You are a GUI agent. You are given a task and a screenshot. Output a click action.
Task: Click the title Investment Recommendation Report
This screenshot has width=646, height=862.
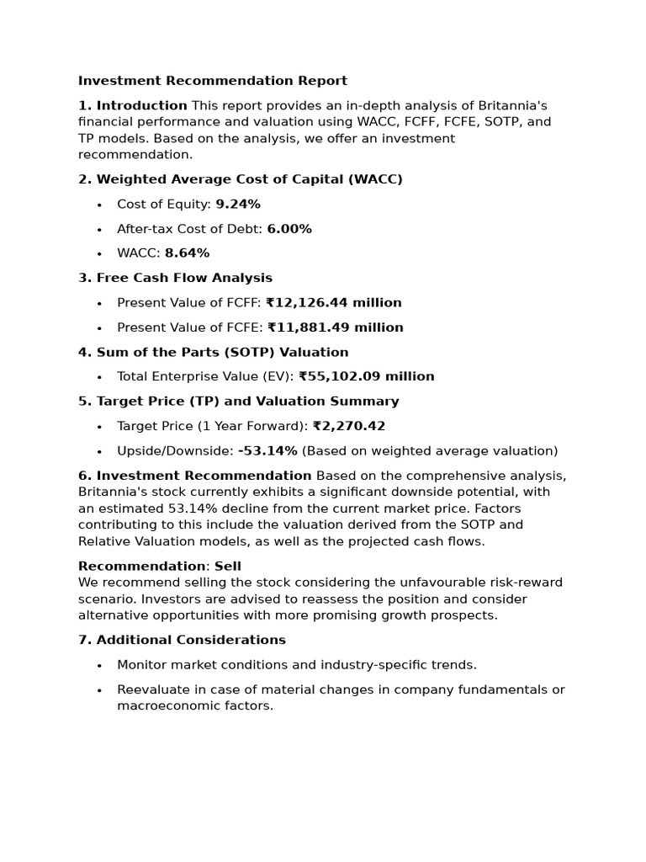click(x=212, y=81)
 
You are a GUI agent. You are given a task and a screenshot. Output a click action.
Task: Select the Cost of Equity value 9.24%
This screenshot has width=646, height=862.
click(x=238, y=205)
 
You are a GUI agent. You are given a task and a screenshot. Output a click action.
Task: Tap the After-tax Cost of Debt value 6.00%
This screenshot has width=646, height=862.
click(x=289, y=229)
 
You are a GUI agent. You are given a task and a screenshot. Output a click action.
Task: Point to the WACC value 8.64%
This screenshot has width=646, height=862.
click(x=187, y=253)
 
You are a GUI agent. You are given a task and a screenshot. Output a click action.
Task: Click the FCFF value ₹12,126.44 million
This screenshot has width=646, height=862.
click(x=333, y=303)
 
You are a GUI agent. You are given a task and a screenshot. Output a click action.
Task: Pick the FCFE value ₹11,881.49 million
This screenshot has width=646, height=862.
click(x=334, y=327)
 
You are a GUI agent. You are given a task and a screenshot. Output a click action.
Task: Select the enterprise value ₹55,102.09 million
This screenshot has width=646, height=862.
click(x=366, y=377)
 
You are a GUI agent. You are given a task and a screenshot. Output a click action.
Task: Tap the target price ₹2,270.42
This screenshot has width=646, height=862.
click(x=348, y=427)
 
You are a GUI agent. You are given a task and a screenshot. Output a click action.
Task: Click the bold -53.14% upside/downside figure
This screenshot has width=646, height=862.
click(x=267, y=451)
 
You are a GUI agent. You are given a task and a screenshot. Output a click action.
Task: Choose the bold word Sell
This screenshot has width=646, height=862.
click(x=228, y=567)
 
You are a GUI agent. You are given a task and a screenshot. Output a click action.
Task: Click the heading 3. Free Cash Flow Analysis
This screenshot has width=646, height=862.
click(x=175, y=278)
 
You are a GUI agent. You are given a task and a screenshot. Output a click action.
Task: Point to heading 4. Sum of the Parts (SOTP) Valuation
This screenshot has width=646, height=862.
click(x=213, y=353)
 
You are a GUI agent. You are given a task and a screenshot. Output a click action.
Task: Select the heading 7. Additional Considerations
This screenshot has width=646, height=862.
click(x=182, y=641)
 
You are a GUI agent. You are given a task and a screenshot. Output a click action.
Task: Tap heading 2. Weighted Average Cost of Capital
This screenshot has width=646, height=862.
click(x=240, y=179)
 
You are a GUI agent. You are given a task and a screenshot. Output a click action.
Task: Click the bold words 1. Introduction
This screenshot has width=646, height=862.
click(x=132, y=106)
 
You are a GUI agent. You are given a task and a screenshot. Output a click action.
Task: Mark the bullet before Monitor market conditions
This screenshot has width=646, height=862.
click(x=99, y=666)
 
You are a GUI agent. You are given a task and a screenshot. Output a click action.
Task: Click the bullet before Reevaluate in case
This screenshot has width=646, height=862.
click(x=99, y=690)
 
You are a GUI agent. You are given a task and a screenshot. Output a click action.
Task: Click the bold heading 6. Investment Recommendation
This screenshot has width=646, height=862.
click(x=194, y=476)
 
